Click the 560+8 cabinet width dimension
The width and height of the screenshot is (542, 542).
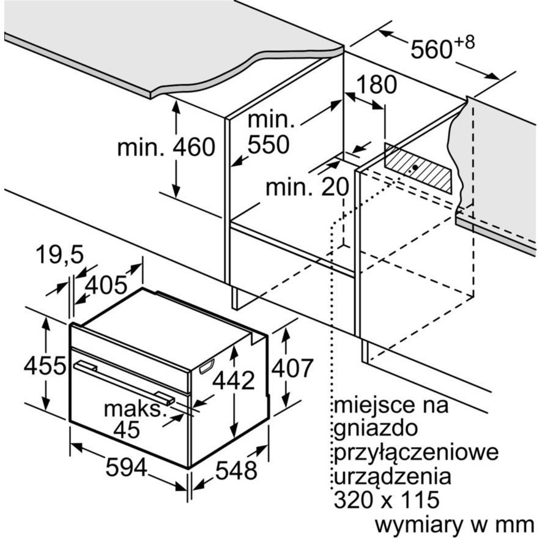pos(442,47)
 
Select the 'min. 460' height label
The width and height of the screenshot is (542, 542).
pos(166,147)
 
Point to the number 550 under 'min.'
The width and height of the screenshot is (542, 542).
pos(268,144)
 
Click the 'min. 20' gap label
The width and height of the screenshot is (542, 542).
pos(307,187)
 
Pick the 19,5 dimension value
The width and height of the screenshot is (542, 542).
pos(59,254)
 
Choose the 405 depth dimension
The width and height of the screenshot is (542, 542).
pos(106,286)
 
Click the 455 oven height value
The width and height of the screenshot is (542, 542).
pos(45,365)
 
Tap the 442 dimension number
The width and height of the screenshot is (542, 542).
pos(234,381)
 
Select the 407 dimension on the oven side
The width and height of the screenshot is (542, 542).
pos(292,368)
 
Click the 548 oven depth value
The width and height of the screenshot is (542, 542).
pos(236,470)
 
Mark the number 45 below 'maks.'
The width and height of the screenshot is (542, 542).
pos(127,430)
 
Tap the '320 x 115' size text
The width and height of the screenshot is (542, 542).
pos(387,499)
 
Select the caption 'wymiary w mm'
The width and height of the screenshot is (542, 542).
pos(455,525)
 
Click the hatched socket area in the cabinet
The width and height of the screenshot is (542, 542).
pos(418,168)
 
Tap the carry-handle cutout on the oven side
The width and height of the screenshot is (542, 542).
pos(207,366)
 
